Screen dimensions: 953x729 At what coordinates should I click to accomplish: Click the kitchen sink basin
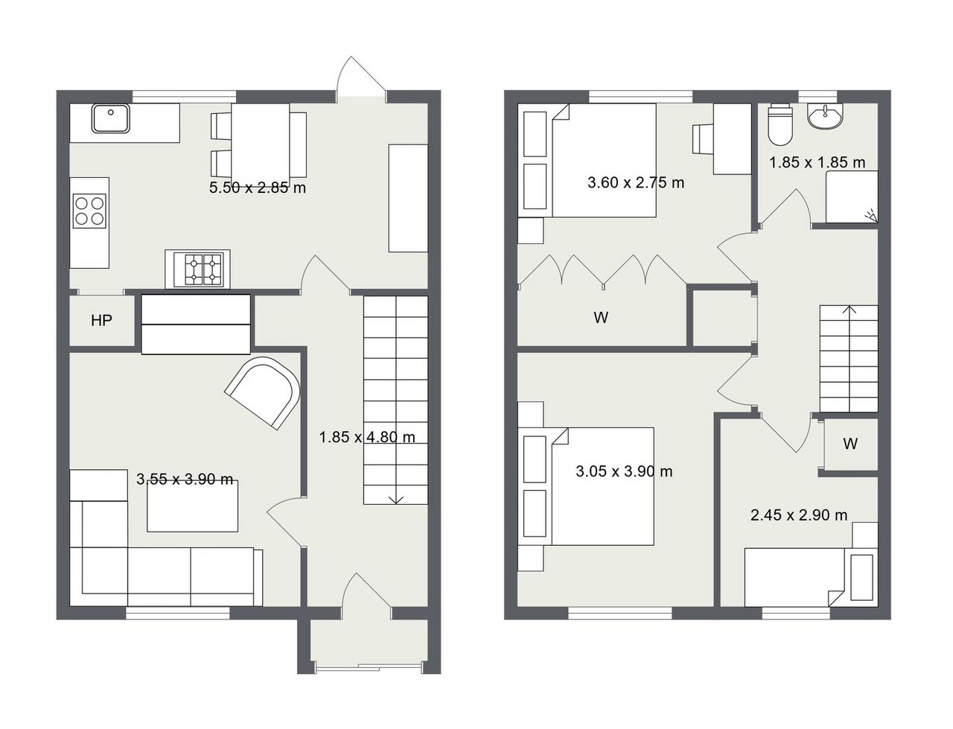coord(110,118)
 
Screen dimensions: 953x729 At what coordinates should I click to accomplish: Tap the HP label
coord(101,320)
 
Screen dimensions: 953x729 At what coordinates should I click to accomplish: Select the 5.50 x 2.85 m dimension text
coord(258,188)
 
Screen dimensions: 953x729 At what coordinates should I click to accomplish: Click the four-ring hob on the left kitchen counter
coord(90,211)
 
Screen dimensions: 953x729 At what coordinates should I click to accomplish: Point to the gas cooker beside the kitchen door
coord(197,270)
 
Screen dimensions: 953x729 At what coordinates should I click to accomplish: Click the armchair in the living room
coord(264,392)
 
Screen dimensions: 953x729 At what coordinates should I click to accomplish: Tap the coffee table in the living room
coord(192,506)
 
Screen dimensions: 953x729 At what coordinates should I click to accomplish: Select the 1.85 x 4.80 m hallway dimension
coord(367,437)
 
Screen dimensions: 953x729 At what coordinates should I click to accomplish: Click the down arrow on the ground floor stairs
coord(395,500)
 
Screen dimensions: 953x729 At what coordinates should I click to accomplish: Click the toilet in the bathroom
coord(780,124)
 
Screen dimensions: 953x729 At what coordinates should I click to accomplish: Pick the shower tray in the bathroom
coord(852,197)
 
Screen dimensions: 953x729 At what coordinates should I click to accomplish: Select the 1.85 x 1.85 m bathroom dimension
coord(817,162)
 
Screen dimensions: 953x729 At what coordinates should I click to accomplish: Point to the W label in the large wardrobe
coord(601,317)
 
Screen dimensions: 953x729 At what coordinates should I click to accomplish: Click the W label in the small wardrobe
coord(850,443)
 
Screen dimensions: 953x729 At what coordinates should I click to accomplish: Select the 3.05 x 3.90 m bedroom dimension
coord(624,471)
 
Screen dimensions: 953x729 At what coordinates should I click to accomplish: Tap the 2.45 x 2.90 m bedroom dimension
coord(799,515)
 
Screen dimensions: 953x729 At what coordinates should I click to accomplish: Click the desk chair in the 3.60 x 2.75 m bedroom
coord(703,139)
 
